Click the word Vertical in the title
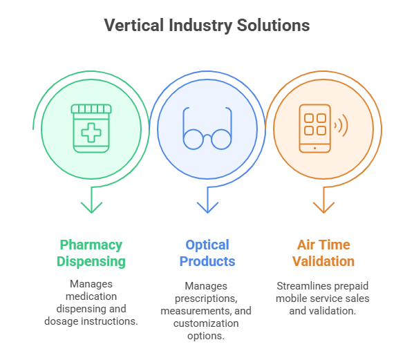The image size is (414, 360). tap(134, 26)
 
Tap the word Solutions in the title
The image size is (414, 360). tap(273, 26)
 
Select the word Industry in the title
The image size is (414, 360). tap(200, 26)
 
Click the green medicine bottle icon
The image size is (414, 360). tap(91, 129)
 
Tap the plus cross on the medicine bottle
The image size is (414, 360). tap(91, 133)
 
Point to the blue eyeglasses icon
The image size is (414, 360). tap(207, 129)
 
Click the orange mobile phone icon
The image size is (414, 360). tap(314, 129)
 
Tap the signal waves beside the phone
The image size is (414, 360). tap(341, 125)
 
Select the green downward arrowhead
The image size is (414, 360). tap(91, 207)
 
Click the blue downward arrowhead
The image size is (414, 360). tap(207, 207)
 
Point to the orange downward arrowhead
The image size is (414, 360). tap(323, 207)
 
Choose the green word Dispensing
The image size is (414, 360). tap(91, 262)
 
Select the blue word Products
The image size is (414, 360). tap(207, 262)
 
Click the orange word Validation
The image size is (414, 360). tap(323, 262)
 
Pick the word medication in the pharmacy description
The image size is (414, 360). tap(91, 296)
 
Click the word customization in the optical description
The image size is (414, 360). tap(206, 323)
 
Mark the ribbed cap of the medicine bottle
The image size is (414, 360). tap(91, 108)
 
